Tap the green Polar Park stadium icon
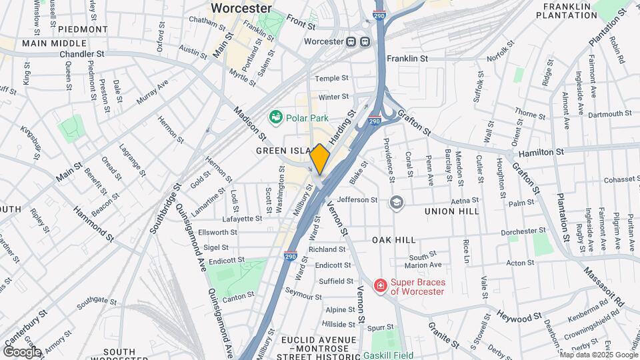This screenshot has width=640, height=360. (x=275, y=117)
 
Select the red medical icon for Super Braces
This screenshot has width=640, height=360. (x=381, y=286)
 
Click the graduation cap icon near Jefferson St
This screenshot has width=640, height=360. (x=397, y=201)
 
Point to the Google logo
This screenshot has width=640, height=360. (x=21, y=351)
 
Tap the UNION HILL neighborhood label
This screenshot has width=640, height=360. (x=451, y=211)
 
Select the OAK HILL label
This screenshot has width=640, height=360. (x=393, y=239)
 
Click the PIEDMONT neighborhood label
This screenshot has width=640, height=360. (x=83, y=29)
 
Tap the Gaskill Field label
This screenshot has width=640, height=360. (x=388, y=355)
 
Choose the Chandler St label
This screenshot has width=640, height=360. (x=82, y=53)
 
